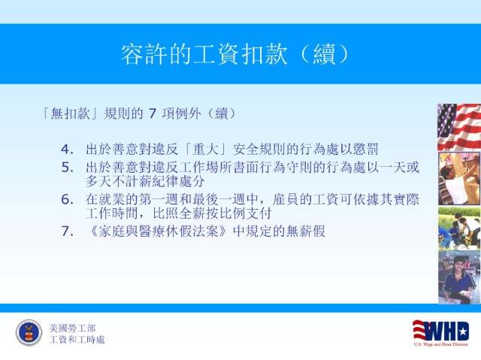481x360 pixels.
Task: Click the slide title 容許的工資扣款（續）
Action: coord(235,54)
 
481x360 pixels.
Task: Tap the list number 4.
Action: coord(67,150)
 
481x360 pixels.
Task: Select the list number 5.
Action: coord(67,168)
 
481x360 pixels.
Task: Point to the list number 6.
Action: coord(67,200)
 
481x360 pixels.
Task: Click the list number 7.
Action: coord(67,231)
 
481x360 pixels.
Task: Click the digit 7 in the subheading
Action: coord(153,113)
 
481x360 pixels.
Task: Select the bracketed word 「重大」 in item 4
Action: coord(205,150)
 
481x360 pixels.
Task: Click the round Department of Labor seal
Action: coord(29,332)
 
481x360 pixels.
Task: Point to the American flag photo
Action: coord(459,127)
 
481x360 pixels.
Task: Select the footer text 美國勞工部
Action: coord(72,328)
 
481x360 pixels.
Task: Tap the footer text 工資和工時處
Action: coord(77,340)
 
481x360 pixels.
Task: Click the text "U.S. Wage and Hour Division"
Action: coord(441,344)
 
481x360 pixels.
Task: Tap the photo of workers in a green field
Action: coord(459,228)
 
